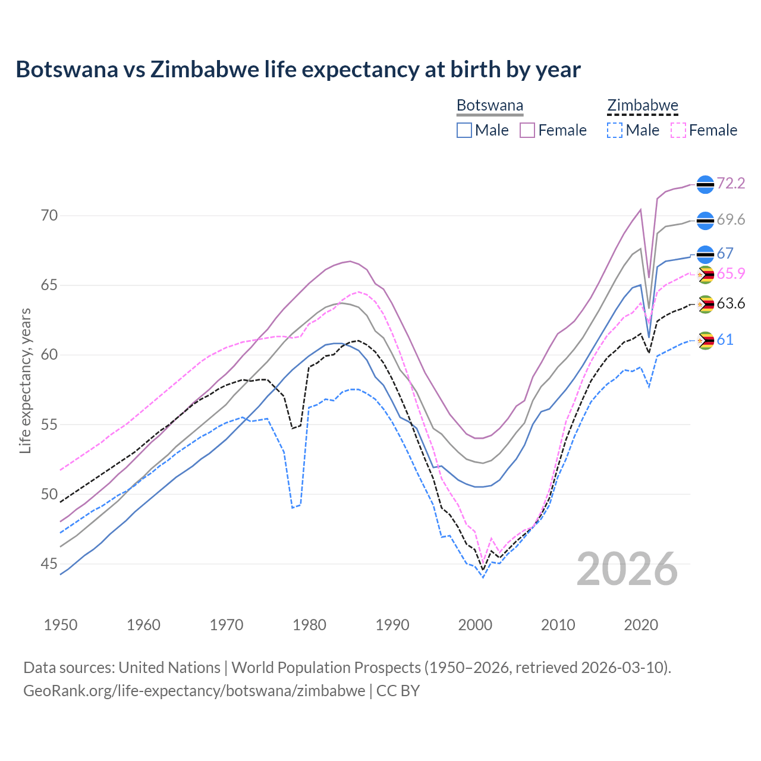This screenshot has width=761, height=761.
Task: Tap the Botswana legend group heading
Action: (490, 106)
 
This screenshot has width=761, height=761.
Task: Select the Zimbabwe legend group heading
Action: (642, 106)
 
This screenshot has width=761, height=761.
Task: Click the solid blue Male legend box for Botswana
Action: (464, 130)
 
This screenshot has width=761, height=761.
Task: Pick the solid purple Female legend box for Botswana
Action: (527, 130)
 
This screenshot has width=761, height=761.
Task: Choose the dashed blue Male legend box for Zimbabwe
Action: (615, 130)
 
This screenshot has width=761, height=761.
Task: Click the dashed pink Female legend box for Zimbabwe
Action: (678, 130)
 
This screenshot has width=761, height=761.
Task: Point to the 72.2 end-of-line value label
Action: (731, 183)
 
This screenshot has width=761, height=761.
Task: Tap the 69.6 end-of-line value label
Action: (731, 220)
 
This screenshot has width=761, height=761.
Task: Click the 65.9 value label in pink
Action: (731, 274)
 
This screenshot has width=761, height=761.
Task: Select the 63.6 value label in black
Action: (731, 304)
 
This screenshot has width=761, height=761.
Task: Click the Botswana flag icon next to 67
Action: (705, 254)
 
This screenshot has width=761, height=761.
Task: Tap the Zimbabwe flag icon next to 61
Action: (705, 341)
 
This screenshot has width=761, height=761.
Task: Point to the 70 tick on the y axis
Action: (49, 215)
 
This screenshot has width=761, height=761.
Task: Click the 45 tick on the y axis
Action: (49, 564)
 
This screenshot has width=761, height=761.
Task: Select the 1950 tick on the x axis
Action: (61, 625)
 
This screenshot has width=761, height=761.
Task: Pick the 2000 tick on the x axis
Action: (475, 625)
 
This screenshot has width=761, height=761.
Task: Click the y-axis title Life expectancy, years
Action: (25, 380)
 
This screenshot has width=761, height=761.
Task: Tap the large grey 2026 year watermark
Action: (627, 569)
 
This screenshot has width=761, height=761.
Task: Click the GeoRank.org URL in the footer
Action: (194, 691)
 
